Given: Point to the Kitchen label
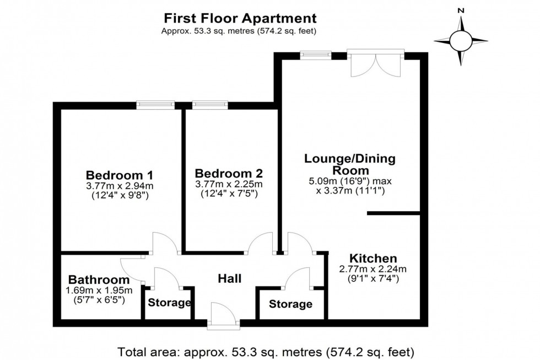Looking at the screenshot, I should (x=373, y=258).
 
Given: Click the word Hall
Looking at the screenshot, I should (x=229, y=279).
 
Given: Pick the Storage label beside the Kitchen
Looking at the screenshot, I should (x=290, y=304).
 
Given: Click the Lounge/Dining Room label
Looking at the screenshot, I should (x=358, y=164).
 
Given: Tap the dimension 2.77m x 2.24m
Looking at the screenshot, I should (x=373, y=269).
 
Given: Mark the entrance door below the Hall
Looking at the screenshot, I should (x=223, y=315).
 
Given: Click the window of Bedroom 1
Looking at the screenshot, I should (x=156, y=105).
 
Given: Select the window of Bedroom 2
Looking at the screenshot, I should (x=209, y=105).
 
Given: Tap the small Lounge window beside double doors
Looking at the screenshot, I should (x=316, y=55).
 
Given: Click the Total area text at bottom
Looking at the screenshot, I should (x=266, y=351).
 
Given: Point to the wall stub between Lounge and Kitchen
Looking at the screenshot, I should (x=394, y=213).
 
